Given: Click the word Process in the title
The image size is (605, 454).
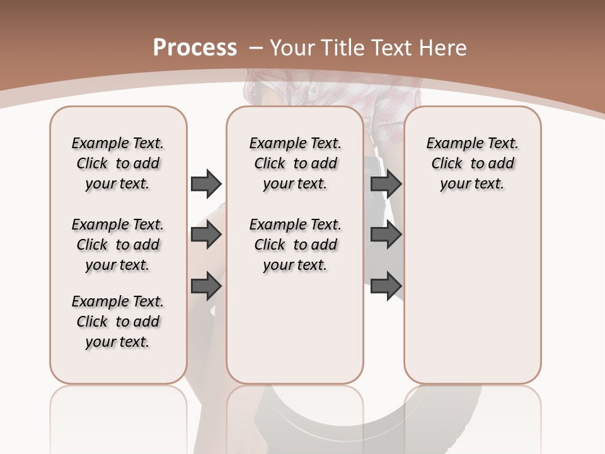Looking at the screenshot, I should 195,47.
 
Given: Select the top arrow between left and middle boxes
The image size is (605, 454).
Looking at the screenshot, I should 206,183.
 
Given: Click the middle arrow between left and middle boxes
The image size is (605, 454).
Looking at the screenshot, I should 206,235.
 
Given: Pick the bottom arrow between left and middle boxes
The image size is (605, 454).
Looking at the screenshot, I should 206,286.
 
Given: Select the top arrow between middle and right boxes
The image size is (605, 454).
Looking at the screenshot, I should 386,183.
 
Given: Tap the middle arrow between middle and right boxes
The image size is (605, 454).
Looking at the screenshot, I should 386,235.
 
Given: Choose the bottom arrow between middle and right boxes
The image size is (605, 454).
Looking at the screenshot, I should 386,286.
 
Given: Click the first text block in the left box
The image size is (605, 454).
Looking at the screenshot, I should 118,163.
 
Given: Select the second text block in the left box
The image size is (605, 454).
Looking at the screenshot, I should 118,245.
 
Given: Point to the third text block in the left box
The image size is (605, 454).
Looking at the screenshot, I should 118,322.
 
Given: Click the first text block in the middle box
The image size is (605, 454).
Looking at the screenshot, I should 295,163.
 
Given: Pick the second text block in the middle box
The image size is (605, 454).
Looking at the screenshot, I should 295,245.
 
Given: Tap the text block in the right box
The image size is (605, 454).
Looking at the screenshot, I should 472,163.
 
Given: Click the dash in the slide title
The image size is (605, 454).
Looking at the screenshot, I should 256,47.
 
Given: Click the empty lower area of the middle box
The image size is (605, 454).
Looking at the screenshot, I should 295,328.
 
